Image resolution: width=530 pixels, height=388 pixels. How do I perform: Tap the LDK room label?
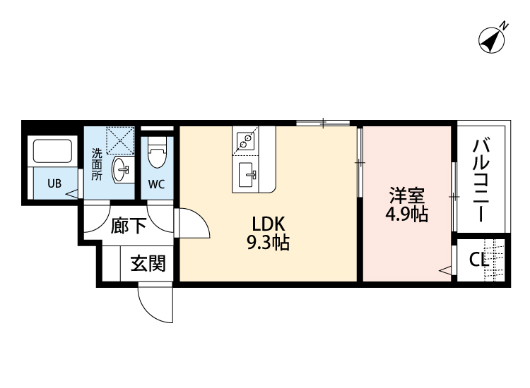pyautogui.click(x=269, y=224)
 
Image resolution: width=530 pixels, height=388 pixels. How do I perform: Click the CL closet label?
pyautogui.click(x=479, y=260)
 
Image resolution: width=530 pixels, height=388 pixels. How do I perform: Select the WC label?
pyautogui.click(x=156, y=185)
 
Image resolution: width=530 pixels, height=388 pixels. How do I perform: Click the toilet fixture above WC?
pyautogui.click(x=156, y=152)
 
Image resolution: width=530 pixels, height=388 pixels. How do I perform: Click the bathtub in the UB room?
pyautogui.click(x=53, y=151)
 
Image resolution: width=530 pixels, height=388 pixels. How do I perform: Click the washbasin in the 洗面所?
pyautogui.click(x=122, y=169)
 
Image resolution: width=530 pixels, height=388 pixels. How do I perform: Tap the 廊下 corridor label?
pyautogui.click(x=129, y=226)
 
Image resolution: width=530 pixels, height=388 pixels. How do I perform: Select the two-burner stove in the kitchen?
pyautogui.click(x=245, y=140)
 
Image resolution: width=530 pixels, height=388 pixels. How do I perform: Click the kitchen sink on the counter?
pyautogui.click(x=248, y=172)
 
